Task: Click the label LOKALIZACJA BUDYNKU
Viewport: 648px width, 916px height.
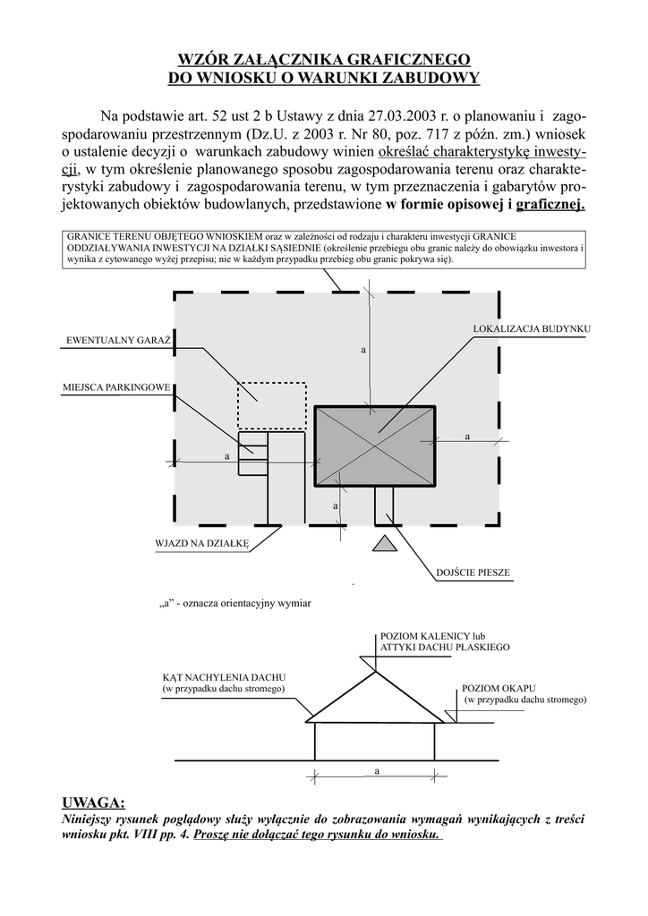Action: click(532, 330)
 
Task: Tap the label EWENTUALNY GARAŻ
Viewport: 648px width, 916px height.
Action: click(118, 341)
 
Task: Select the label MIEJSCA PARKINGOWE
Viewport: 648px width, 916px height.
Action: click(116, 388)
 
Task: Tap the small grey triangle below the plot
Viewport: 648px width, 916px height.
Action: click(384, 542)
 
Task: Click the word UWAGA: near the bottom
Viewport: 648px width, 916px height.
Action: click(93, 801)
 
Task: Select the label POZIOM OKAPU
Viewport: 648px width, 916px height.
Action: click(491, 688)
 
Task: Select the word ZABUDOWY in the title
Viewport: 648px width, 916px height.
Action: click(429, 78)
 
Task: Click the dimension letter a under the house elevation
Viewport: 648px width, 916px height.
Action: click(376, 770)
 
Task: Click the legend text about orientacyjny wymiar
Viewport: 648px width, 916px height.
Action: click(234, 604)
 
